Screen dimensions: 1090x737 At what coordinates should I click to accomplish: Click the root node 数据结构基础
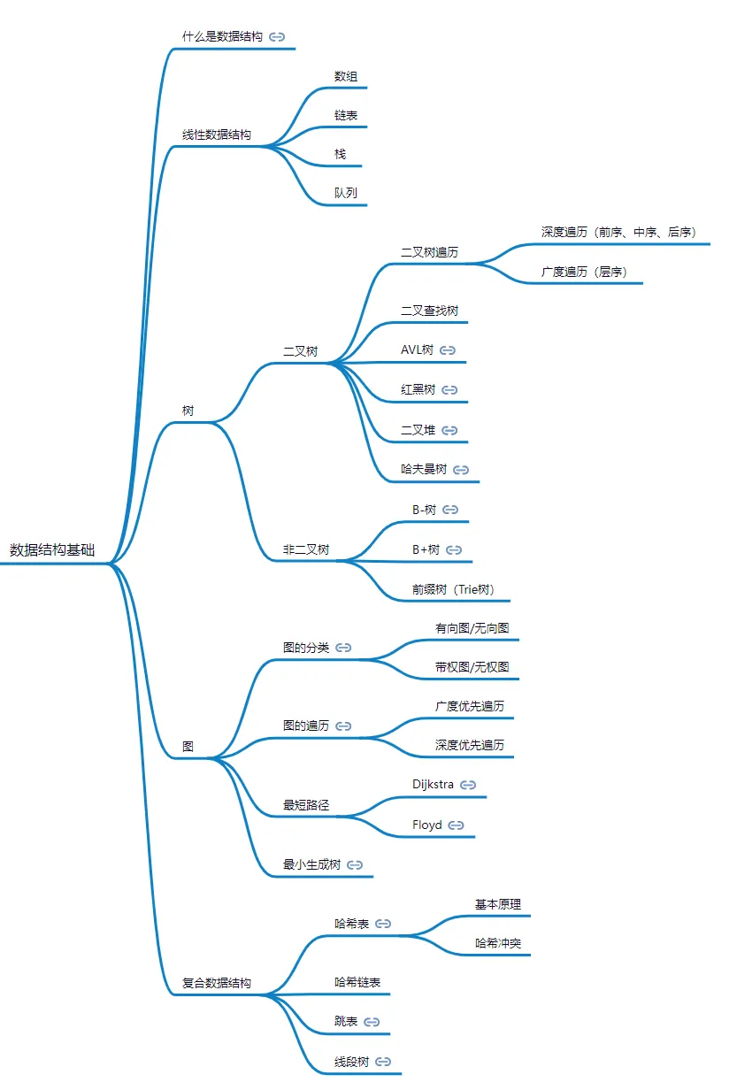(52, 549)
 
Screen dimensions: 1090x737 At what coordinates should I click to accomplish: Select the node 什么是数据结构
(222, 36)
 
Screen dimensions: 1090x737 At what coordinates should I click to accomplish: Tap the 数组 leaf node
(346, 76)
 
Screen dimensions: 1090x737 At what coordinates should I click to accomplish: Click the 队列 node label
(346, 193)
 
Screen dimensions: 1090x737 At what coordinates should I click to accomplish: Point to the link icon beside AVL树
(448, 350)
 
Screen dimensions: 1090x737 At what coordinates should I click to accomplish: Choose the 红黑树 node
(418, 389)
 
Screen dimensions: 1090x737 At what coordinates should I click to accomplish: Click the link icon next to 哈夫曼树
(460, 470)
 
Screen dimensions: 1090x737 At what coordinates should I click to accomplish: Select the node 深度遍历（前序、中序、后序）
(619, 232)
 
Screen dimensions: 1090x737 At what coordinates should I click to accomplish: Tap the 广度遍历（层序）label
(585, 272)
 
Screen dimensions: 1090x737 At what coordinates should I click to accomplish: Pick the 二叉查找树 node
(429, 311)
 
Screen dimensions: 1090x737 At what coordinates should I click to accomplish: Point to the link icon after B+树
(454, 550)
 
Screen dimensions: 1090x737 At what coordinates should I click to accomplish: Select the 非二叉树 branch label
(306, 549)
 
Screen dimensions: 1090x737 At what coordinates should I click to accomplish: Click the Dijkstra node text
(433, 784)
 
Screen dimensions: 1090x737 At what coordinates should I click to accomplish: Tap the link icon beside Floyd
(457, 825)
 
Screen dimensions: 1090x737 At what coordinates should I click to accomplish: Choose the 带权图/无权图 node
(472, 667)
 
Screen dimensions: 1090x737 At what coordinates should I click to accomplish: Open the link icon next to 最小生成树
(356, 864)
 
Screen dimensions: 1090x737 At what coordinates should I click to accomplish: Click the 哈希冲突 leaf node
(498, 944)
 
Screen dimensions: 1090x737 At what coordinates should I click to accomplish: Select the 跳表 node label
(346, 1022)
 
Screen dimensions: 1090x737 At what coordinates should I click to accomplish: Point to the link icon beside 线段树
(383, 1062)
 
